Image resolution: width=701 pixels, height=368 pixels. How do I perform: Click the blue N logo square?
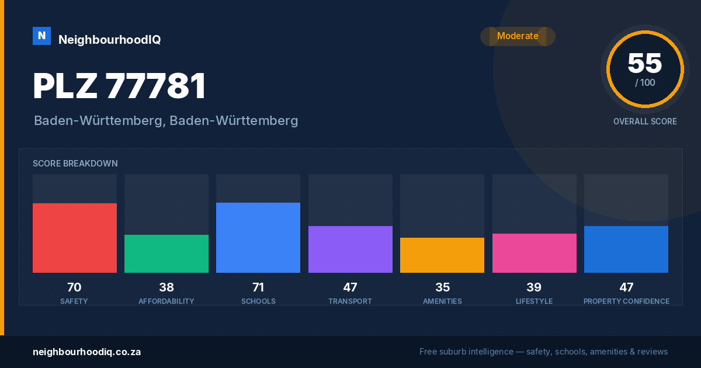point(41,36)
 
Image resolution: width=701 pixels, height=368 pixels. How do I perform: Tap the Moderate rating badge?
point(518,36)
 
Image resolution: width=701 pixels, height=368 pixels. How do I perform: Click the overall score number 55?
point(645,63)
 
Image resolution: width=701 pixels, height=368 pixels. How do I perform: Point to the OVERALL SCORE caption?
point(645,121)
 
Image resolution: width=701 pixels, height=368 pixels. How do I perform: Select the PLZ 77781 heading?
point(119,86)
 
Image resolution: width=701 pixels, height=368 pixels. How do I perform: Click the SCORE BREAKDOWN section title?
point(75,164)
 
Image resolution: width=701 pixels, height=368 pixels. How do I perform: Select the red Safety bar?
point(75,238)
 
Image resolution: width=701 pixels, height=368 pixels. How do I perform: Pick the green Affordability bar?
point(166,254)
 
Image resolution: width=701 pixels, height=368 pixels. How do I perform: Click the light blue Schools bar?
point(258,238)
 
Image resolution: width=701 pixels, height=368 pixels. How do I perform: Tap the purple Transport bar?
point(350,249)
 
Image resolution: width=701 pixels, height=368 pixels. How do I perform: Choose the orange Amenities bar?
point(442,255)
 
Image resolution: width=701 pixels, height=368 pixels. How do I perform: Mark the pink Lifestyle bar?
point(534,253)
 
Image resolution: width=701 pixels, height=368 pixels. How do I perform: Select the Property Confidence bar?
point(626,249)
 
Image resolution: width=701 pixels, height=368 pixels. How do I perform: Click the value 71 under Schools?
point(258,287)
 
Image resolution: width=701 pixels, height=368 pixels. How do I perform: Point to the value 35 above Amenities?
point(443,287)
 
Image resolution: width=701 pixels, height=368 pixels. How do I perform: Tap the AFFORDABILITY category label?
point(166,301)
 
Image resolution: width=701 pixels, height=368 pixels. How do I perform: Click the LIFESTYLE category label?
point(534,301)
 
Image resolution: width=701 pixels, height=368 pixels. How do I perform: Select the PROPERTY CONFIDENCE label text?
point(626,301)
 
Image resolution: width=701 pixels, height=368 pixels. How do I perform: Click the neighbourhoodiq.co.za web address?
point(86,352)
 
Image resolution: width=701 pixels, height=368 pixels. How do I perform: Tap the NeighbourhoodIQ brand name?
point(110,40)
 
